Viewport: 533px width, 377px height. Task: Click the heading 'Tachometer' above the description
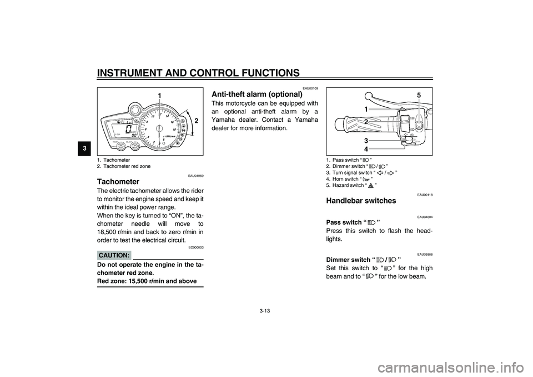point(118,181)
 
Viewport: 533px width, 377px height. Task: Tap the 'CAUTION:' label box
point(114,255)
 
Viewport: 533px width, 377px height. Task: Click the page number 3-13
point(264,311)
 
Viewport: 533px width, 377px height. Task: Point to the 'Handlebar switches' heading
point(361,201)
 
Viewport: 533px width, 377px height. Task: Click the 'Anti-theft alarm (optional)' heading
point(257,94)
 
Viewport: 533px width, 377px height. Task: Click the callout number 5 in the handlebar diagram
point(419,96)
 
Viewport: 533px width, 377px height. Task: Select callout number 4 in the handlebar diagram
point(366,149)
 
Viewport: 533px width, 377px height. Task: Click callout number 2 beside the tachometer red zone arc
point(196,121)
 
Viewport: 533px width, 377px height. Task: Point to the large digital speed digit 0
point(128,129)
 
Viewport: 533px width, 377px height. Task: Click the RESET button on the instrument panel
point(119,147)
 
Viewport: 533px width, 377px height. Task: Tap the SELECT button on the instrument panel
point(135,147)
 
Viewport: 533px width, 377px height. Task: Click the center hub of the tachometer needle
point(158,128)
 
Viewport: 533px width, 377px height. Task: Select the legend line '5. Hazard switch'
point(351,185)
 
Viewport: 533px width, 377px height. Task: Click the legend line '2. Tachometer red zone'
point(124,166)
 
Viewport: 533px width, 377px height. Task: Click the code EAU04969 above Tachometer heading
point(196,176)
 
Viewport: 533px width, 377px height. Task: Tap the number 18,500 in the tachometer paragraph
point(107,232)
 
